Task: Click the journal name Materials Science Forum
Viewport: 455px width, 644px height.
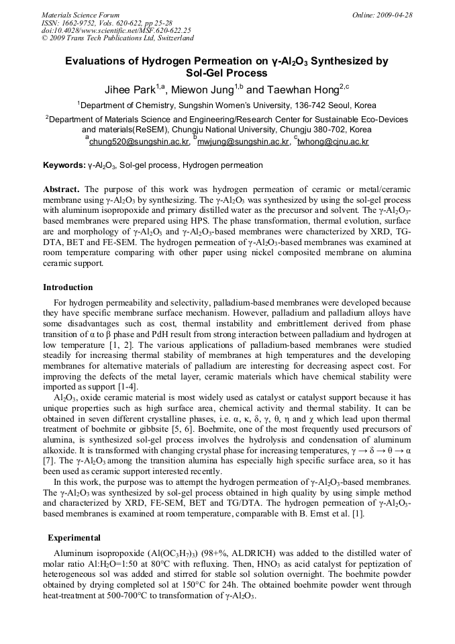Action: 81,14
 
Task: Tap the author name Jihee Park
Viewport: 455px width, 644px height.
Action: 130,89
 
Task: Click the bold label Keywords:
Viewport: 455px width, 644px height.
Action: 64,165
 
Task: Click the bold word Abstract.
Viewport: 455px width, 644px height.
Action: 62,189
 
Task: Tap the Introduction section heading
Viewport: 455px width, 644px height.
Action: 68,287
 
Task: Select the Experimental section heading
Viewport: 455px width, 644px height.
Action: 74,538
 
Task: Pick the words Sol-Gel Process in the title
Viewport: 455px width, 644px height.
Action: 226,73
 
